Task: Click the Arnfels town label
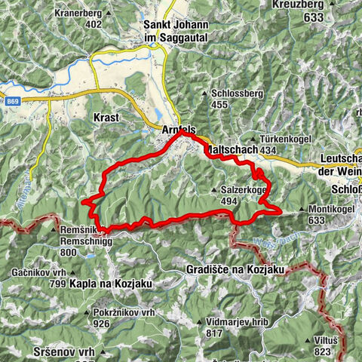[177, 130]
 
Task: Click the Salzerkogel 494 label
[243, 195]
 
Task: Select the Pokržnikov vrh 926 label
[124, 317]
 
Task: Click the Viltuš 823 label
[327, 344]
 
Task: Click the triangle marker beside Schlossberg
[205, 94]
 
